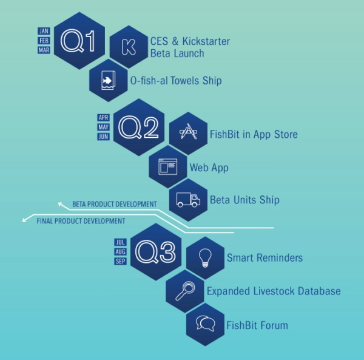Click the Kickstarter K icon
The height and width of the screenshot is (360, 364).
click(129, 47)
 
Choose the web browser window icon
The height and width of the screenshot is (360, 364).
click(168, 166)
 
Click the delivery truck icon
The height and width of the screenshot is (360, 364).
click(189, 199)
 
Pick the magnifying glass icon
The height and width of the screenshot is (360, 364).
click(184, 291)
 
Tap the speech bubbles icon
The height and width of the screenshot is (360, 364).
click(205, 324)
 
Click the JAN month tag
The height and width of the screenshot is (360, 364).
click(44, 30)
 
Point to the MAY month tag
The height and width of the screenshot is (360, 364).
click(103, 127)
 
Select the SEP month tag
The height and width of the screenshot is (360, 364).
click(120, 261)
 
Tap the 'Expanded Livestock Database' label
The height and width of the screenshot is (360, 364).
click(273, 291)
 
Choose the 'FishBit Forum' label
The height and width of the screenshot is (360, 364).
click(257, 325)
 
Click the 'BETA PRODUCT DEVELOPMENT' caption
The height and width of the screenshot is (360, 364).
click(114, 204)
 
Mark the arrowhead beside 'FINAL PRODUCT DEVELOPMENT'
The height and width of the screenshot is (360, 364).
click(24, 221)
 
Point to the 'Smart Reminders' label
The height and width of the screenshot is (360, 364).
click(265, 258)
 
